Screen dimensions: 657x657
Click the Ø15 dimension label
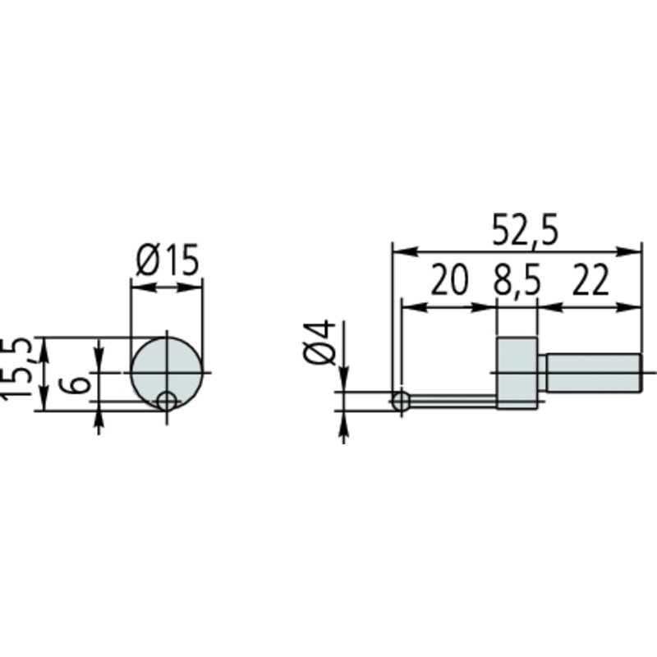pos(168,260)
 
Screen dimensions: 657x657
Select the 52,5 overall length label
pos(525,230)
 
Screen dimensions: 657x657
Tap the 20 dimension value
pos(448,279)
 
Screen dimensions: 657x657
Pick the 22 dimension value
pos(590,279)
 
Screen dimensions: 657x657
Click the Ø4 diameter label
pos(319,342)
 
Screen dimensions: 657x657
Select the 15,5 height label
pos(16,368)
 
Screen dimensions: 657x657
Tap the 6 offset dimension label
pos(76,384)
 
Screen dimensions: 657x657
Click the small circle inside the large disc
pos(167,402)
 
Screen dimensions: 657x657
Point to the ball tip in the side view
pos(401,401)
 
